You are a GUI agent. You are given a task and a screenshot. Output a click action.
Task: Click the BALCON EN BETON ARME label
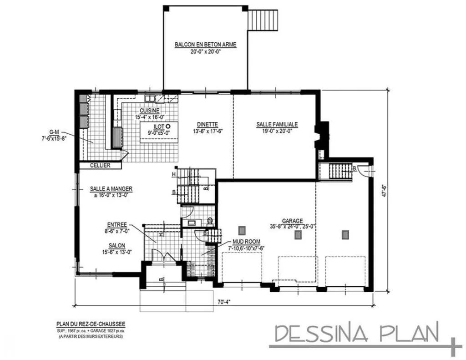pos(206,45)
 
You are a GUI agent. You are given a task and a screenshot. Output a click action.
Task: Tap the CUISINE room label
pos(149,111)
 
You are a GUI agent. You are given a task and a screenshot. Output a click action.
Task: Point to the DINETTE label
pos(207,125)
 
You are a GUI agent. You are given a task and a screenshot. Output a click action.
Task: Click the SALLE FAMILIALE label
pos(277,124)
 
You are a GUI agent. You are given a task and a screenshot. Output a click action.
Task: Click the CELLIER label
pos(100,166)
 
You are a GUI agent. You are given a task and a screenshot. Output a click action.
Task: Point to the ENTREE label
pos(117,224)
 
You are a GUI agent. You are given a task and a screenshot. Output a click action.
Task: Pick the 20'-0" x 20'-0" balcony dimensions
pos(206,51)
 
